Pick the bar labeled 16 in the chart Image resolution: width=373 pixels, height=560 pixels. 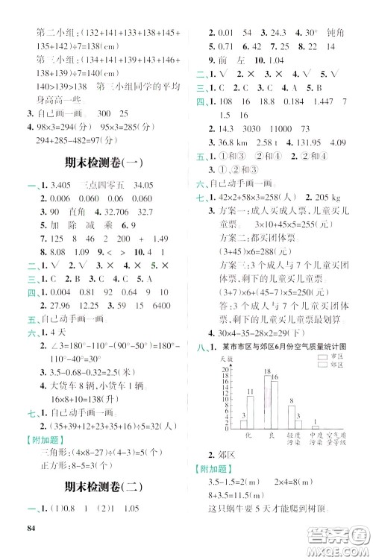coord(274,399)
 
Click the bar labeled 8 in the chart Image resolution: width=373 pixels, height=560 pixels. coord(292,417)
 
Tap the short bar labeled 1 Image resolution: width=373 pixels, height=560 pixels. coord(316,428)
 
